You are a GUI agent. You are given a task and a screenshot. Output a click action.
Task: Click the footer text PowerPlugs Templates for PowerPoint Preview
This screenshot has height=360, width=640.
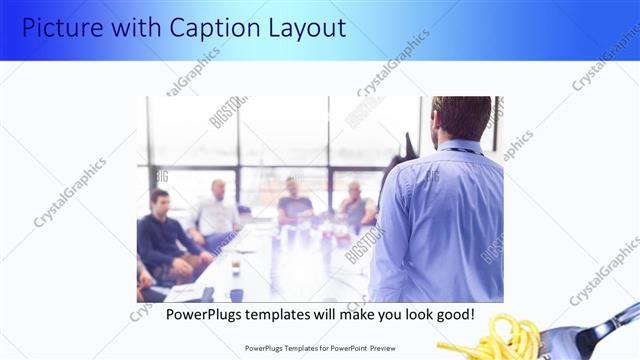[319, 348]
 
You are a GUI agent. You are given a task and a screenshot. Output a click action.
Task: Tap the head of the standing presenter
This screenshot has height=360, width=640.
[461, 118]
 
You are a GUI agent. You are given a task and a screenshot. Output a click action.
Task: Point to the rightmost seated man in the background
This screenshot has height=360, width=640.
[354, 205]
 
